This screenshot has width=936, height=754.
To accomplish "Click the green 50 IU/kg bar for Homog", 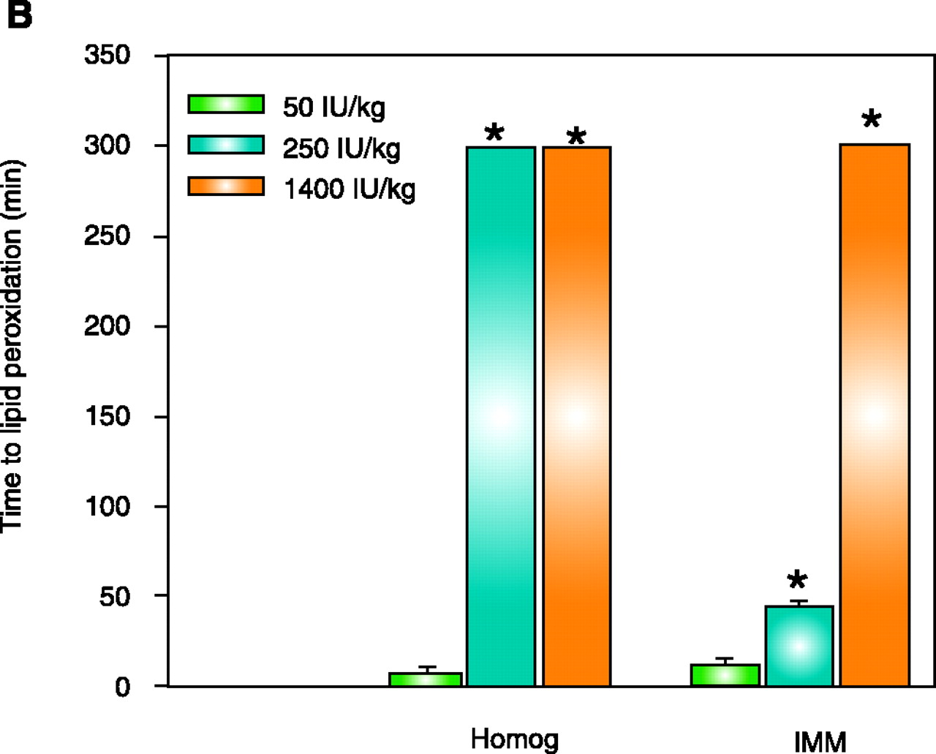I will [x=425, y=679].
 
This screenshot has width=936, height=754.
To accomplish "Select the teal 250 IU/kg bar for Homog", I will [x=501, y=416].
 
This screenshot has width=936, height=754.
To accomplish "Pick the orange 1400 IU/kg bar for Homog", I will [x=576, y=416].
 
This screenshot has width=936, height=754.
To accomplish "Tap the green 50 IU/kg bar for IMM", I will [x=725, y=675].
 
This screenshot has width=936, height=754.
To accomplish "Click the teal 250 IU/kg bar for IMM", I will [x=799, y=646].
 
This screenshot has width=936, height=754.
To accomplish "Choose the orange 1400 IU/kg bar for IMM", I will [x=875, y=415].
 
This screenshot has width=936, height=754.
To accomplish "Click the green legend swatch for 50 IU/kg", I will [x=226, y=104].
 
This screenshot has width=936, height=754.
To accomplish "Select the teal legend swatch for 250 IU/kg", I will [x=226, y=145].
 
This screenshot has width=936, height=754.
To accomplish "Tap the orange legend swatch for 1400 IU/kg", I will [x=226, y=186].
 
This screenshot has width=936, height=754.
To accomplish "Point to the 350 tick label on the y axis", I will [x=107, y=55].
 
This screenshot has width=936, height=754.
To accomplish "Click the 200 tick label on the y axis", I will [x=107, y=325].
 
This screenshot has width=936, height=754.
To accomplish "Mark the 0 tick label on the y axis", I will [x=122, y=687].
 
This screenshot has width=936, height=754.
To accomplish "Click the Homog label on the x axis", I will [x=514, y=739].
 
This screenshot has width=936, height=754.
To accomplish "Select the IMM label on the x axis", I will [x=820, y=742].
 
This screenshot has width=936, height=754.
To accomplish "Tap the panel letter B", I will [x=19, y=15].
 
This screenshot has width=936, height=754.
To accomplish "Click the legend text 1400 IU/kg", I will [x=349, y=189].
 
